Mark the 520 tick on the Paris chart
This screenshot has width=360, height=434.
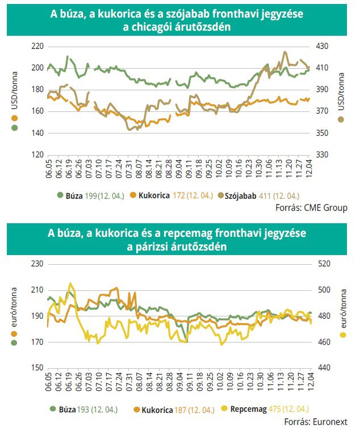pyautogui.click(x=324, y=264)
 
